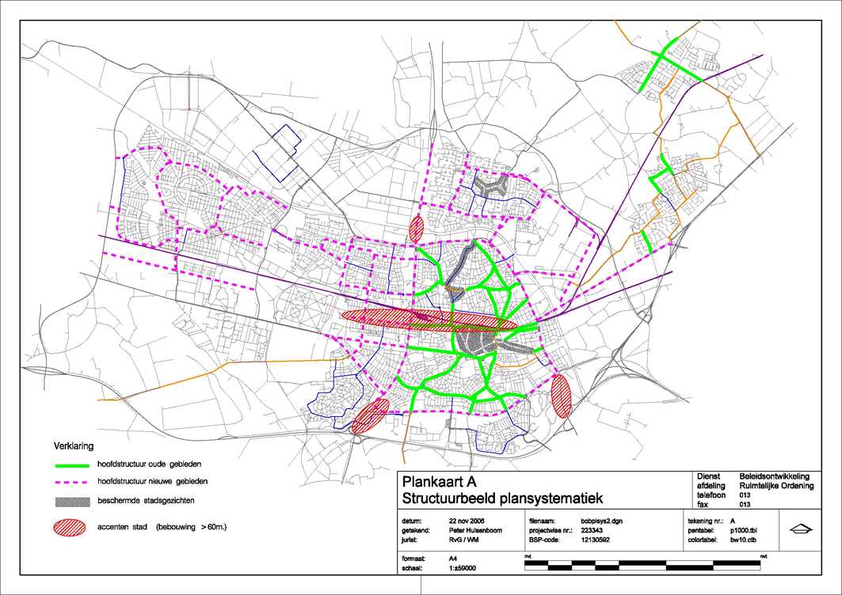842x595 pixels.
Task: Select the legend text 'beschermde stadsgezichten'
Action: coord(148,502)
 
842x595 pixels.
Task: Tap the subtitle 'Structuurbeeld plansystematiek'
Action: coord(503,498)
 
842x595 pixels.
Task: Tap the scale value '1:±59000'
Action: coord(466,567)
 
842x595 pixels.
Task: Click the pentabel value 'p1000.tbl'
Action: coord(745,531)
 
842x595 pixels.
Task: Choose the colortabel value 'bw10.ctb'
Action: coord(743,540)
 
